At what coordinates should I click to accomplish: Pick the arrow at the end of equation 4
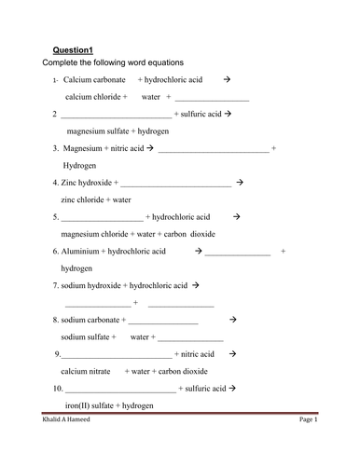[x=240, y=183]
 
